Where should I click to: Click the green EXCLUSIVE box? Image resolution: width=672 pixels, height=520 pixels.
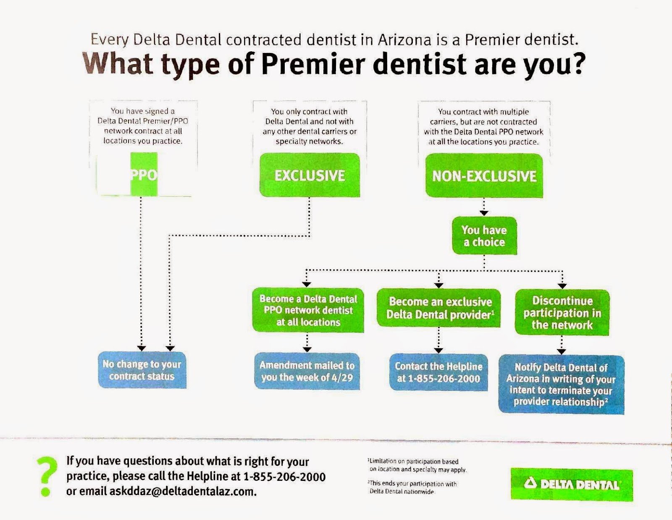point(310,175)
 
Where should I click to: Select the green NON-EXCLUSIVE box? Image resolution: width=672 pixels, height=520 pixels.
point(484,175)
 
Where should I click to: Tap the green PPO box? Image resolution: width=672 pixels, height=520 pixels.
point(144,174)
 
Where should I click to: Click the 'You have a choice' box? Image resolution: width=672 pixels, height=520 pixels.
point(484,236)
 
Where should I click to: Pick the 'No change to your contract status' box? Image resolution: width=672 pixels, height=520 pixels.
point(142,370)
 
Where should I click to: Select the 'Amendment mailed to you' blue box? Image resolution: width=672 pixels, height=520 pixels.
point(307,371)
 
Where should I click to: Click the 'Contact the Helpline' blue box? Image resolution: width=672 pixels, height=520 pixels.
point(438,372)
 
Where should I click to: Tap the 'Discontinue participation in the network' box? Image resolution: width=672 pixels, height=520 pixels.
point(562,312)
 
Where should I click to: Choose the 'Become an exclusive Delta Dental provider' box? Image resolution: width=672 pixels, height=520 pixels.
point(439,308)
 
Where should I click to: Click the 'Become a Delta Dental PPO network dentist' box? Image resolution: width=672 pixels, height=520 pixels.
point(308,310)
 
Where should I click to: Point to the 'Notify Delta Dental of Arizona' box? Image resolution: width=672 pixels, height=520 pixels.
point(561,384)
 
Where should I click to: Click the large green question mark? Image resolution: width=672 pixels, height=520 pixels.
point(46,476)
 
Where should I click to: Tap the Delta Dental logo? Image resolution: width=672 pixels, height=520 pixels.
point(572,484)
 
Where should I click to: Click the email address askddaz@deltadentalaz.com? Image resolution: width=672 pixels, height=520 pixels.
point(183,491)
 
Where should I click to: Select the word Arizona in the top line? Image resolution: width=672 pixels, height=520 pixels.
point(404,40)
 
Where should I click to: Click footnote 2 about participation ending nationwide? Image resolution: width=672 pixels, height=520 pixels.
point(412,487)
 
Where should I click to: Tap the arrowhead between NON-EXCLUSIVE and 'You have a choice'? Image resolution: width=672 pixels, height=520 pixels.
point(484,213)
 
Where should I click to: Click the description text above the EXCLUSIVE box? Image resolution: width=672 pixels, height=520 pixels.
point(310,126)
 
